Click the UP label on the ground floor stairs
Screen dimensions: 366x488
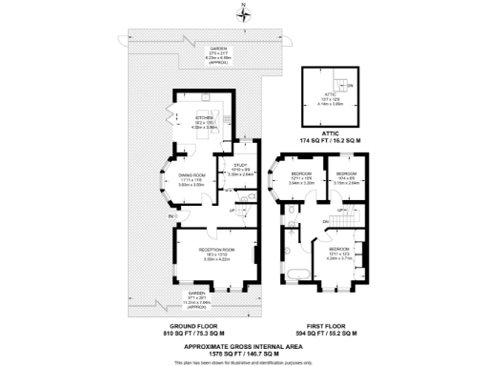pyautogui.click(x=232, y=211)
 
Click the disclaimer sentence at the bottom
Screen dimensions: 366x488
pyautogui.click(x=244, y=360)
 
